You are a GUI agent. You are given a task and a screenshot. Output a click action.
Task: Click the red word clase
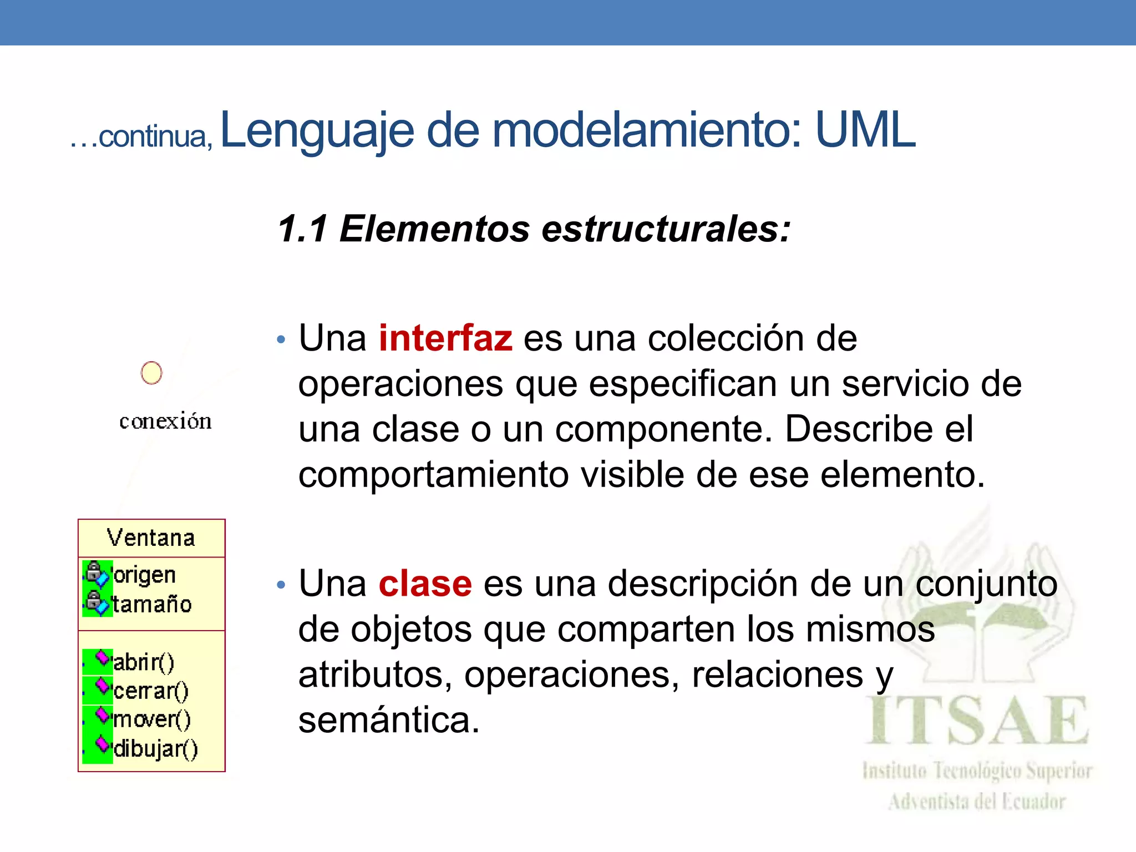tap(425, 584)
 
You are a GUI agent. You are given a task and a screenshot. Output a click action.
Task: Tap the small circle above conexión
tap(151, 373)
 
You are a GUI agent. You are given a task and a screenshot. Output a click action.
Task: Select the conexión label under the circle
tap(165, 422)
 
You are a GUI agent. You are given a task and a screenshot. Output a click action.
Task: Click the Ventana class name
tap(151, 538)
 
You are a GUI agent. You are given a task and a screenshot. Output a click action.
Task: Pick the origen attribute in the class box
tap(144, 575)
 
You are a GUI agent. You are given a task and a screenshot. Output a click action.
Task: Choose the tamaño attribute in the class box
tap(152, 604)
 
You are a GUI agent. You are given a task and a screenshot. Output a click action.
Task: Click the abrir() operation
tap(144, 662)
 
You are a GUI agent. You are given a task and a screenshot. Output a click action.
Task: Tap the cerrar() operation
tap(151, 691)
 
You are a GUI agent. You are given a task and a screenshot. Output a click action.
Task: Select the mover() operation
tap(152, 720)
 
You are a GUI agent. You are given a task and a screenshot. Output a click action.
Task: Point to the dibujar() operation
tap(155, 749)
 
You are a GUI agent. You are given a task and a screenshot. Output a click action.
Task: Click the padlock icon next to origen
tap(94, 570)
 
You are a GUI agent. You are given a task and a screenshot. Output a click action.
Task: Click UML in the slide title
tap(865, 130)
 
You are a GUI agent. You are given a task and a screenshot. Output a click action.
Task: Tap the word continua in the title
tap(153, 136)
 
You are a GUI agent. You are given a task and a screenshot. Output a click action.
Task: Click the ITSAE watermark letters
tap(976, 721)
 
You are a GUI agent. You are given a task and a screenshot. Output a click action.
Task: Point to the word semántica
tap(388, 721)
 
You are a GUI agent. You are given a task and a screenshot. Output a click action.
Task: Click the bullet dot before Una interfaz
tap(281, 339)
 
